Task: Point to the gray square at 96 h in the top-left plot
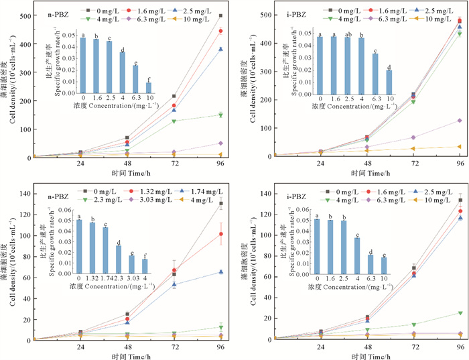[221, 15]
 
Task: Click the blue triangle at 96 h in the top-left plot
[221, 49]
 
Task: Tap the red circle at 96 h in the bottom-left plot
[221, 234]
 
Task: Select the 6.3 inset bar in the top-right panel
[375, 73]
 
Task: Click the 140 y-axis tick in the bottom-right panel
[257, 193]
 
